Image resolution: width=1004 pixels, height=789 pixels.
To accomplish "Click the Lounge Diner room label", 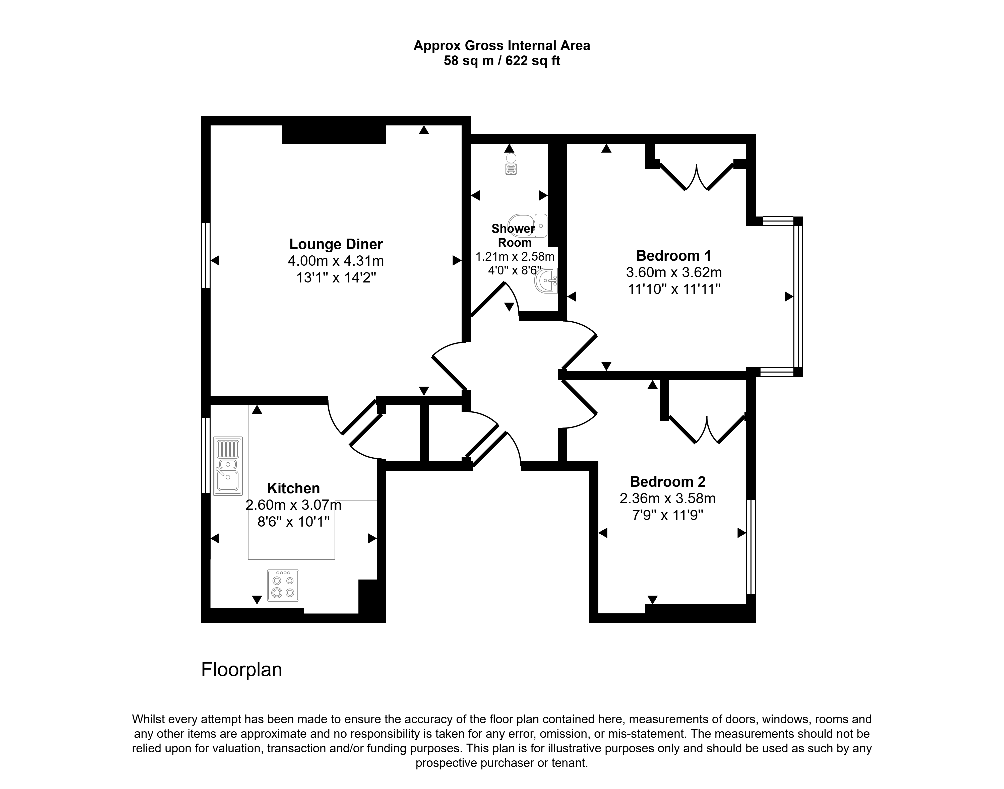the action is pos(336,244).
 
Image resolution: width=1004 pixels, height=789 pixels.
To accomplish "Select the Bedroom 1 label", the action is pos(673,255).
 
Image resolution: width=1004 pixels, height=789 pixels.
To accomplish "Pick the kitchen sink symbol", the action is pos(227,466).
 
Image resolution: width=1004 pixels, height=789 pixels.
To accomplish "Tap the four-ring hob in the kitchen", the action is pos(283,585).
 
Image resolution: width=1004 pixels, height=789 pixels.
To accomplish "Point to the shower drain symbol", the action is pos(511,169).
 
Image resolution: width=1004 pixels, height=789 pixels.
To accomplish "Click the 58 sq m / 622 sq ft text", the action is pos(502,60).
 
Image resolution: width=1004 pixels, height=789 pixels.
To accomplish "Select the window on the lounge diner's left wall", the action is pos(206,255).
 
